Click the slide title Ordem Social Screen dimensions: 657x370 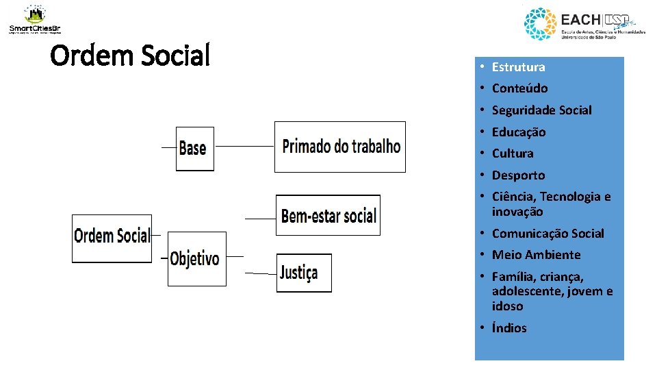[130, 56]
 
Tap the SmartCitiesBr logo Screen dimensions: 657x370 [35, 19]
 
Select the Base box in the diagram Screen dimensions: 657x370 [194, 148]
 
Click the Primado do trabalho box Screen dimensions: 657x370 [340, 147]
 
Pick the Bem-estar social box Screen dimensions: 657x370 [328, 215]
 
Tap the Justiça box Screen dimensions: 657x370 [304, 273]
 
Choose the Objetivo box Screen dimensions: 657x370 [196, 258]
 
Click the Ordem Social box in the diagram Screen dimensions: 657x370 [112, 237]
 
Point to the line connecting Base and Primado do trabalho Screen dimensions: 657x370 [244, 146]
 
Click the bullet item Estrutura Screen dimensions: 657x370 [518, 67]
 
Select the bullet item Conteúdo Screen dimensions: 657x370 [519, 88]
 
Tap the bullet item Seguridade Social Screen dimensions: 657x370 [541, 110]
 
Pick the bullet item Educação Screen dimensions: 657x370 [519, 132]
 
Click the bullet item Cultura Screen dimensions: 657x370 [512, 153]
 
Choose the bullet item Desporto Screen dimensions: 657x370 [518, 175]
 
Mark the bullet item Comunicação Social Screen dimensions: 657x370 [547, 234]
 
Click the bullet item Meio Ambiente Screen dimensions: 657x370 [536, 255]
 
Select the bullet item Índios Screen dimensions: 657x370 [509, 328]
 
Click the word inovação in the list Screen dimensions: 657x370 [517, 212]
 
